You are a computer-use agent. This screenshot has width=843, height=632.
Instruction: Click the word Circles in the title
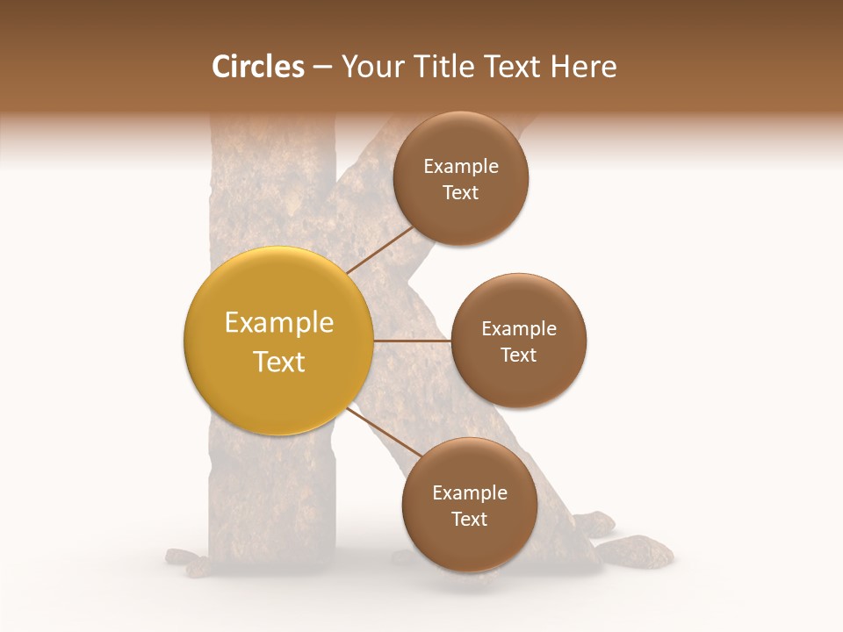[257, 67]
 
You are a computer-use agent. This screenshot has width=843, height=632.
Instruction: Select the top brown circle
[461, 219]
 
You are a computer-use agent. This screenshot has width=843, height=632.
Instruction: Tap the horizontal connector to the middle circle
[413, 341]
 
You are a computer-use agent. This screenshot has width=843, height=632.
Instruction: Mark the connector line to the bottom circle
[384, 434]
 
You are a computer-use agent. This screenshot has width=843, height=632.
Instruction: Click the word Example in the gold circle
[279, 323]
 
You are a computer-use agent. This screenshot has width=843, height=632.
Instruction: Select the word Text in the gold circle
[279, 362]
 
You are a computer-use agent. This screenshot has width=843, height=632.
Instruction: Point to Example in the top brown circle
[461, 167]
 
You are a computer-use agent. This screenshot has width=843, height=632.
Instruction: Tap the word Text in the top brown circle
[461, 193]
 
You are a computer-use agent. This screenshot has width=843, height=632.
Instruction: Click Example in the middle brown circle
[519, 329]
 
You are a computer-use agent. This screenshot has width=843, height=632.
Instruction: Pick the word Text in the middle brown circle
[519, 355]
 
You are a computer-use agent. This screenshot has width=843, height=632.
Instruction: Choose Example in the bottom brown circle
[470, 493]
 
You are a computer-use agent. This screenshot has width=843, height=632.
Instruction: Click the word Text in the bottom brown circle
[470, 520]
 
